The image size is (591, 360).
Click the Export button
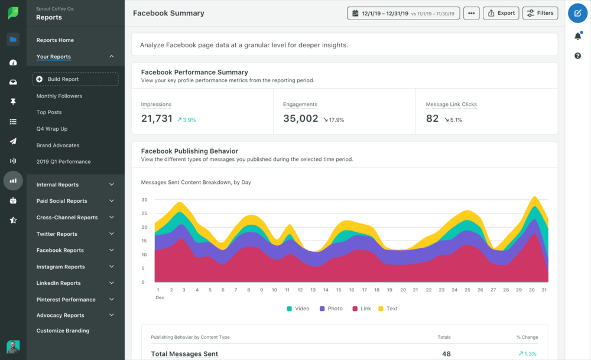tap(501, 13)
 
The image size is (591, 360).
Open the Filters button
tap(540, 13)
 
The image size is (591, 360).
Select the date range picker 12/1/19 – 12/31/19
tap(403, 13)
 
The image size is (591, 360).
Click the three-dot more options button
tap(471, 13)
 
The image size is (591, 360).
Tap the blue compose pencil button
tap(577, 13)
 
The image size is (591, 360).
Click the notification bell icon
tap(577, 36)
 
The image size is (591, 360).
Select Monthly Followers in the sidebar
tap(59, 96)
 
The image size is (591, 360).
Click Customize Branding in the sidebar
tap(63, 331)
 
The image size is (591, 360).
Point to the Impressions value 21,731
tap(157, 119)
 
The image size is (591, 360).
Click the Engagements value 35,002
tap(300, 119)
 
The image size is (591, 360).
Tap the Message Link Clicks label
tap(451, 105)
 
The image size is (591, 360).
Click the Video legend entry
tap(298, 309)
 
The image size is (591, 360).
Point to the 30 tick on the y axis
tap(144, 200)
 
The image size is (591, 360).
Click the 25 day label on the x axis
tap(467, 290)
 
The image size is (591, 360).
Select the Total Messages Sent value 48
tap(446, 353)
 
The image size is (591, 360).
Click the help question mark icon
tap(577, 56)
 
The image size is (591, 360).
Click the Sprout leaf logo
tap(13, 13)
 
